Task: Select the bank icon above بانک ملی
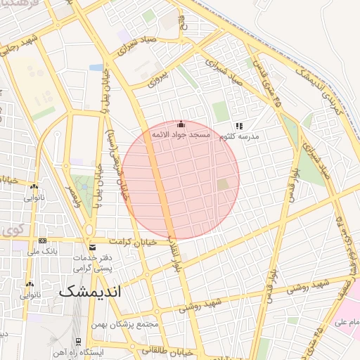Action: [x=42, y=240]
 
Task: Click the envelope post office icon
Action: [x=92, y=247]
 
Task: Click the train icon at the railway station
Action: [x=79, y=341]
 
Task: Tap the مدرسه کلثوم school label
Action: [x=238, y=136]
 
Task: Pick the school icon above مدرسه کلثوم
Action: [x=238, y=126]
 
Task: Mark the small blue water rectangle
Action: [x=96, y=68]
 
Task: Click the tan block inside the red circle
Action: [x=223, y=185]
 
